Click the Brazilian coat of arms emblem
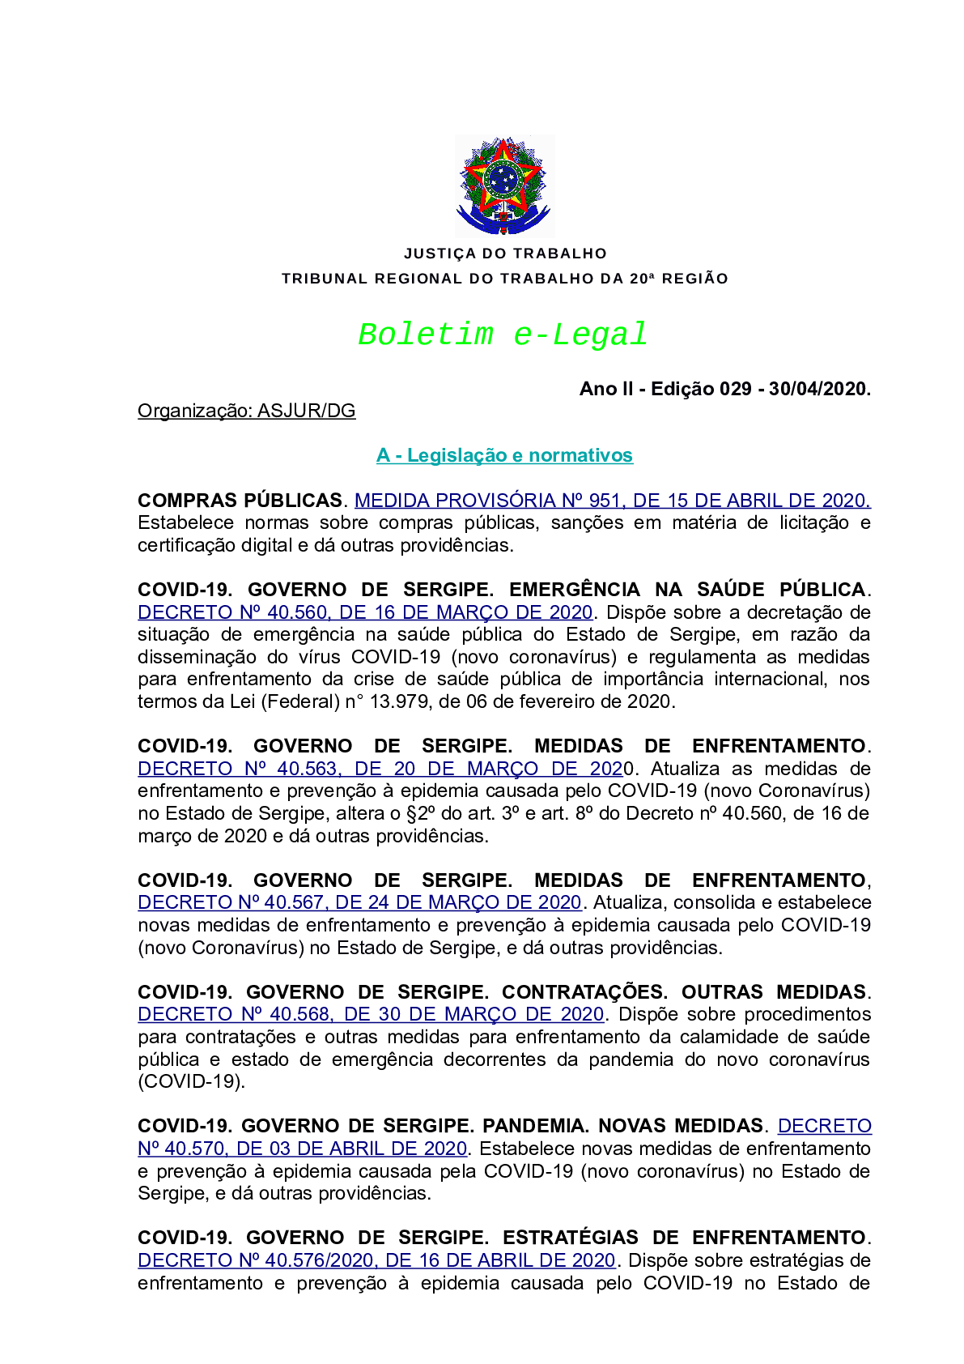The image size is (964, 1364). pyautogui.click(x=504, y=185)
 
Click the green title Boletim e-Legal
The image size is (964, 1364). pyautogui.click(x=503, y=335)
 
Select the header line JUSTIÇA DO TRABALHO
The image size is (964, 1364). pyautogui.click(x=505, y=254)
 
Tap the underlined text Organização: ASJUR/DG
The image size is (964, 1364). pyautogui.click(x=246, y=411)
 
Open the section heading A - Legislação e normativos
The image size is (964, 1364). pyautogui.click(x=504, y=455)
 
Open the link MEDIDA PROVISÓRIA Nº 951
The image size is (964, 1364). pyautogui.click(x=612, y=501)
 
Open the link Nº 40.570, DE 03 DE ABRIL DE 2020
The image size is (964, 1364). pyautogui.click(x=302, y=1149)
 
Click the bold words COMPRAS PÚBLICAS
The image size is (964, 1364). pyautogui.click(x=240, y=501)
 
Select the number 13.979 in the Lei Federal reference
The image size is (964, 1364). pyautogui.click(x=399, y=701)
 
